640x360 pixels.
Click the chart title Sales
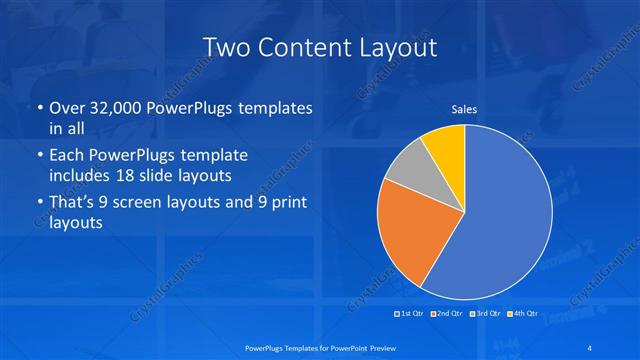(x=464, y=110)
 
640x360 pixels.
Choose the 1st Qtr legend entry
(x=410, y=314)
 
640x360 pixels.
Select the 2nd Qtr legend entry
(x=449, y=314)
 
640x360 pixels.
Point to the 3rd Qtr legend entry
(x=486, y=314)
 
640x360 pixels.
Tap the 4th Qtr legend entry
(x=523, y=314)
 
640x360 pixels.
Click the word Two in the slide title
(x=228, y=47)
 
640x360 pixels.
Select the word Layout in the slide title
(x=399, y=47)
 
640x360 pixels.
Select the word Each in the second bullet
(x=67, y=156)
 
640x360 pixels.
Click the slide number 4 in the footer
(x=590, y=346)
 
